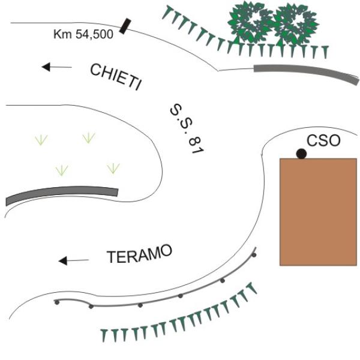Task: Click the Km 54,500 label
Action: (83, 34)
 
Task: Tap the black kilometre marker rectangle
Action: (125, 26)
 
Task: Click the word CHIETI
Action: (115, 77)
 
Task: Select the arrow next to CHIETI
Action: (57, 67)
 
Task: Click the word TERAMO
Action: (140, 254)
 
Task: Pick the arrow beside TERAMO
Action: (73, 260)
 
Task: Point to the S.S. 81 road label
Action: (187, 129)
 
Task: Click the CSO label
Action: (323, 140)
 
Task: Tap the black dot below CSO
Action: (301, 154)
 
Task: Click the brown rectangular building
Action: (318, 212)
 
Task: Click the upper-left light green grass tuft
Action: (41, 140)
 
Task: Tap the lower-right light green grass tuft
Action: (113, 168)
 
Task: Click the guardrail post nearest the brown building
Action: (254, 255)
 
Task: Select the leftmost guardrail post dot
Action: (57, 302)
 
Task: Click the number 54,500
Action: (94, 34)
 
